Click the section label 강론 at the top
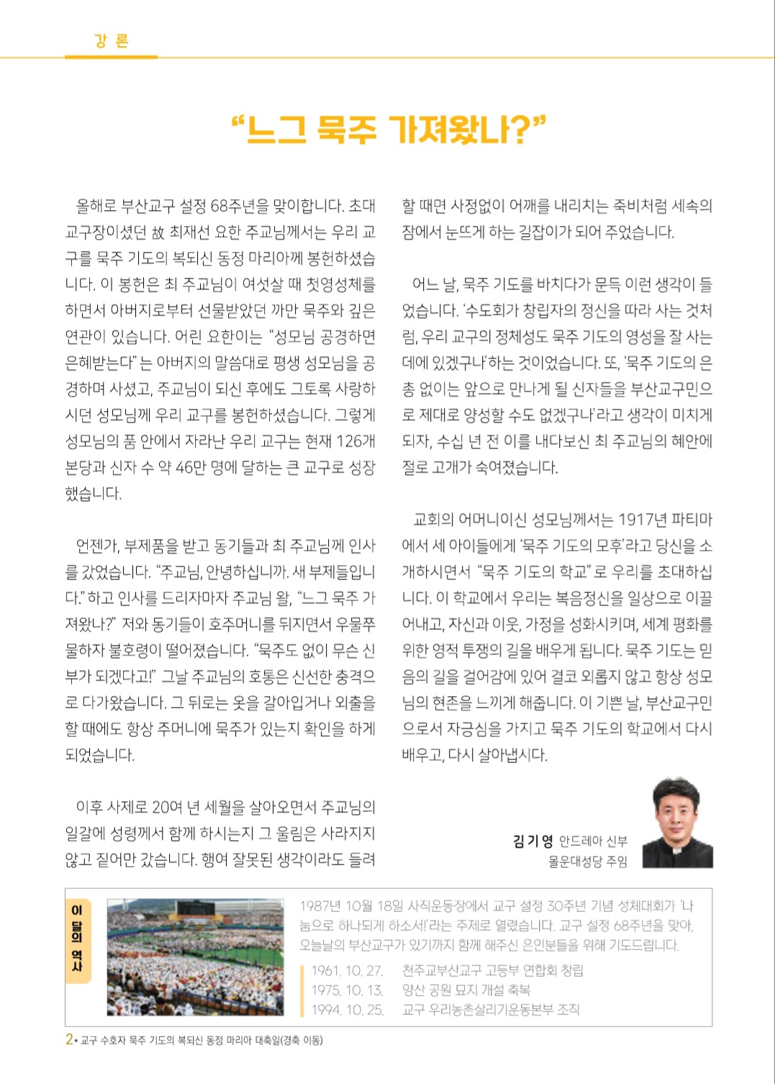(111, 41)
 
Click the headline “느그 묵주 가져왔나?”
(388, 130)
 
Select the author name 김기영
(532, 841)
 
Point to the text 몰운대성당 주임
(587, 861)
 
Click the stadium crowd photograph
(195, 957)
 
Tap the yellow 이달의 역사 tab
(77, 940)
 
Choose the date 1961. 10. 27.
(347, 970)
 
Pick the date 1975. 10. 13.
(347, 990)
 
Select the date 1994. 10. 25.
(348, 1009)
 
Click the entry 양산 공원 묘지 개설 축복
(466, 990)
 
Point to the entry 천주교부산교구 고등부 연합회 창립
(492, 970)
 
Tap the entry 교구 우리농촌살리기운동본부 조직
(490, 1009)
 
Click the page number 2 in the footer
(69, 1039)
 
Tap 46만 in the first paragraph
(191, 467)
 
